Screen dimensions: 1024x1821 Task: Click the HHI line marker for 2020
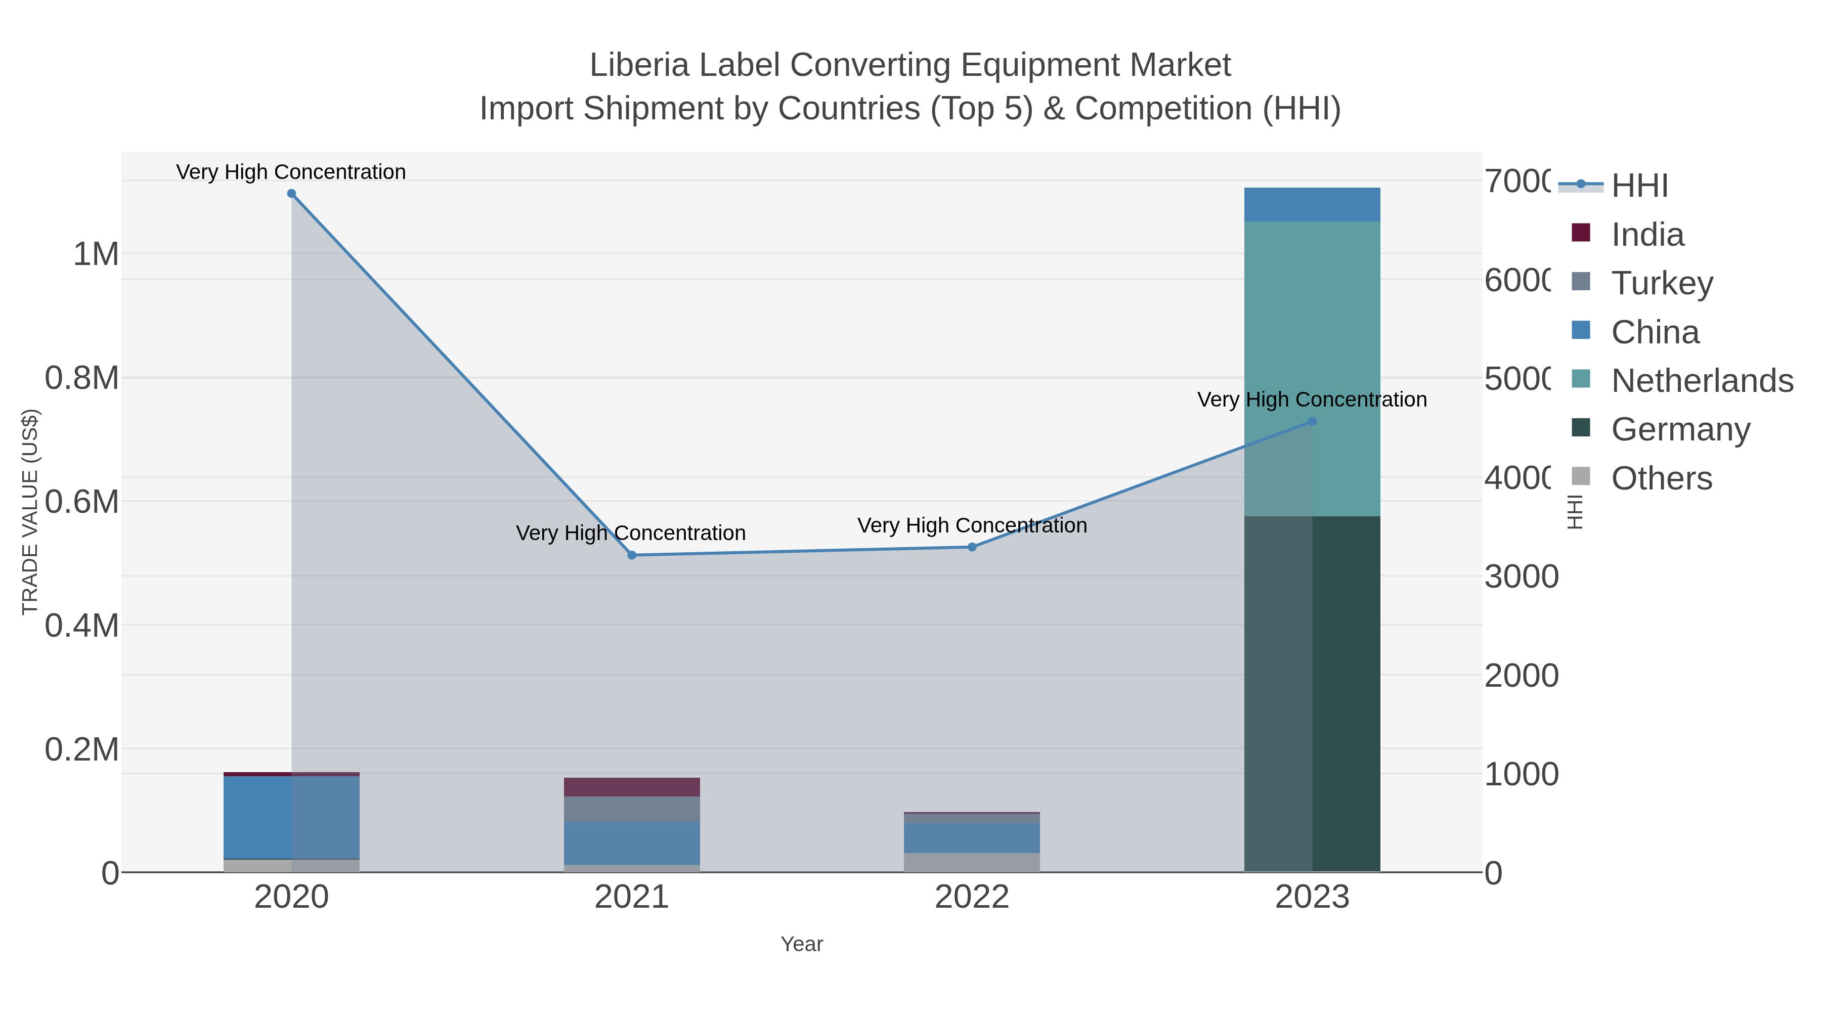click(x=291, y=194)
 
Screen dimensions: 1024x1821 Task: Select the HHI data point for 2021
click(x=632, y=555)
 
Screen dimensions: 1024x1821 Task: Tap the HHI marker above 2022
click(x=972, y=547)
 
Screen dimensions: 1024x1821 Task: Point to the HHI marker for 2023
click(x=1313, y=422)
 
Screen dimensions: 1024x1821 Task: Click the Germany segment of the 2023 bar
click(x=1312, y=693)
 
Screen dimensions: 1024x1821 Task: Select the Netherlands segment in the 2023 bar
click(x=1312, y=368)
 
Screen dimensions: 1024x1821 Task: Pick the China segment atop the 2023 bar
click(x=1312, y=205)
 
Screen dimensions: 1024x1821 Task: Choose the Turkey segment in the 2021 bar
click(x=632, y=809)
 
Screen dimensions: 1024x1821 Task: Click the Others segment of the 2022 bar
click(x=972, y=862)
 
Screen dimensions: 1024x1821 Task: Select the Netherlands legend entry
click(x=1702, y=381)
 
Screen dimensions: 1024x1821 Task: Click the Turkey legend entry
click(x=1662, y=283)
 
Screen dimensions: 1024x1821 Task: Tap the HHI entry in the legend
click(x=1639, y=186)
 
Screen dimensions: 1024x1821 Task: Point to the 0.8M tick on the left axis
click(x=82, y=378)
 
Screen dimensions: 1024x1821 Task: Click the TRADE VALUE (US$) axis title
click(x=30, y=512)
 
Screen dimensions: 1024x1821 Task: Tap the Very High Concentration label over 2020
click(x=291, y=172)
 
